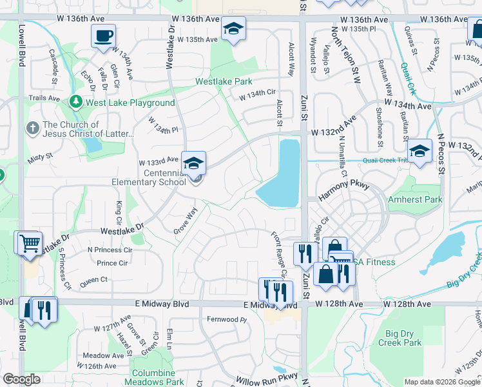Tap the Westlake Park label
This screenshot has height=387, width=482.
[224, 82]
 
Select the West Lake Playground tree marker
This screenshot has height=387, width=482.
[76, 102]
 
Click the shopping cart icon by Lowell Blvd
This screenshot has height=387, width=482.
[30, 244]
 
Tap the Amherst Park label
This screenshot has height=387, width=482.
[415, 199]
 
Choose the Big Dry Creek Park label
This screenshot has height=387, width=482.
[403, 338]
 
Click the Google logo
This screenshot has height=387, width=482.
[22, 379]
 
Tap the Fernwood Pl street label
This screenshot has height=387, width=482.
[227, 319]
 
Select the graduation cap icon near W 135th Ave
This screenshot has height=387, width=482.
[234, 28]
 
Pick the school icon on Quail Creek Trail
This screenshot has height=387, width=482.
[420, 152]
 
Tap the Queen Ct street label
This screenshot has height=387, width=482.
[94, 281]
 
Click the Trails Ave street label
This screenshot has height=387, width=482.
[44, 98]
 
